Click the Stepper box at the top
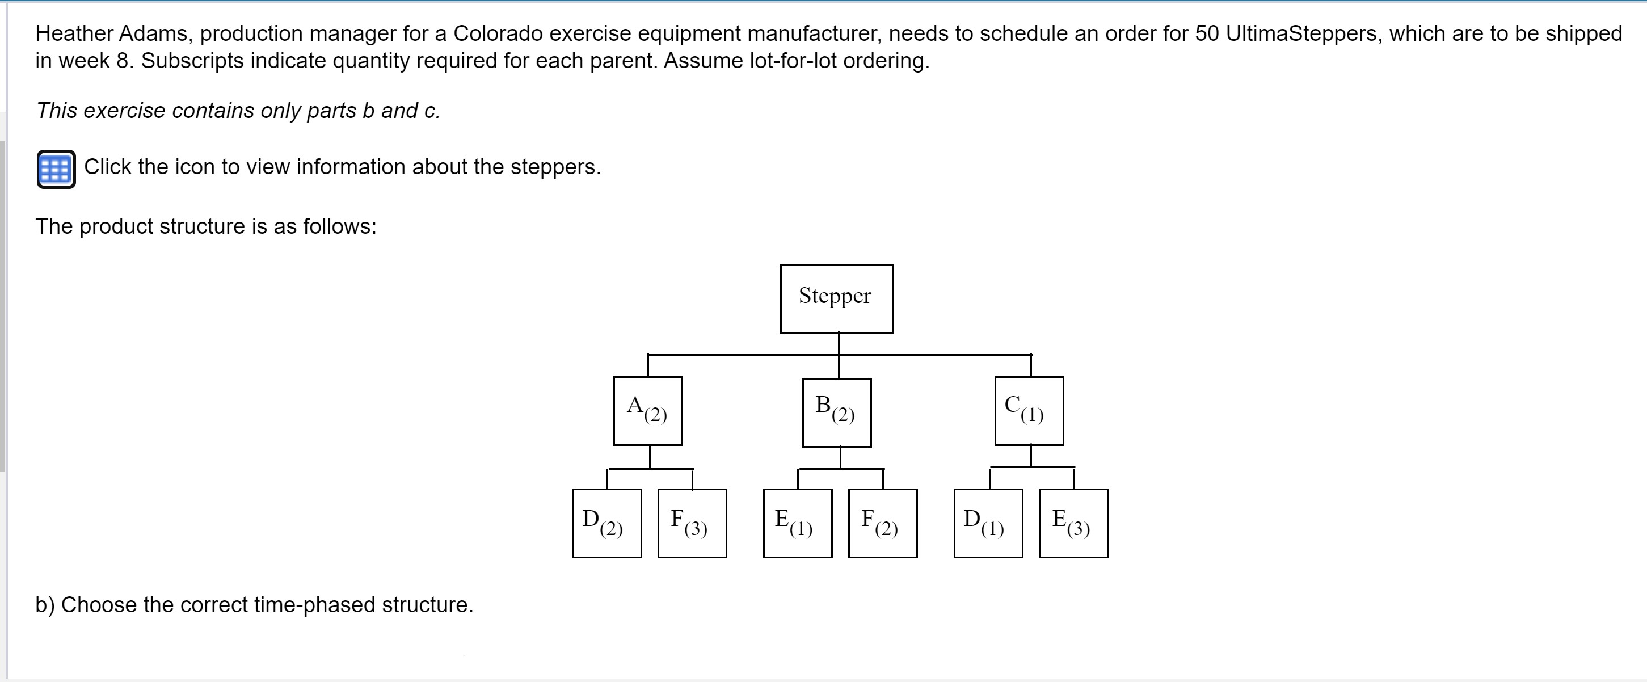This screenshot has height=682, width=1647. point(836,298)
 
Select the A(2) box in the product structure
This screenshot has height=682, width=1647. point(648,410)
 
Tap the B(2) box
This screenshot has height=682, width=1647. point(836,412)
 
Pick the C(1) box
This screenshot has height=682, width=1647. point(1029,410)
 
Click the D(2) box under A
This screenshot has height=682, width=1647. point(606,523)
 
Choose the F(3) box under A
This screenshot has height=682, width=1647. point(692,523)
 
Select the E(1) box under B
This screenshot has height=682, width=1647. point(797,523)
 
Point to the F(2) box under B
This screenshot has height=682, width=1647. point(882,523)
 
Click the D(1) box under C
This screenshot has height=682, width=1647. point(988,523)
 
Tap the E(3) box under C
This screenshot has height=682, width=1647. point(1073,523)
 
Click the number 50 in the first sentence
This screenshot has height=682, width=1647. point(1207,33)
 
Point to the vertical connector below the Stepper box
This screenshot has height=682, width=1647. point(839,343)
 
